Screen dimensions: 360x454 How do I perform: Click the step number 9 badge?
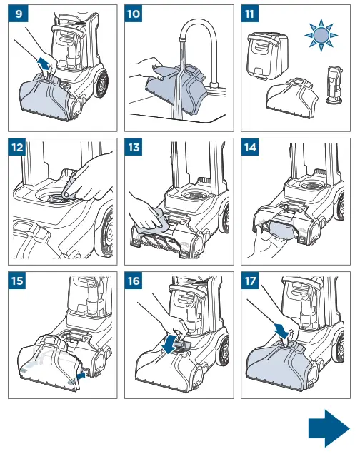(x=19, y=14)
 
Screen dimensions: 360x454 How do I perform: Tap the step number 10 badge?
(x=134, y=14)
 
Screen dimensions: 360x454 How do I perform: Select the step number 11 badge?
(x=250, y=14)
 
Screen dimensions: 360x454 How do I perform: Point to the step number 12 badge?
(x=17, y=147)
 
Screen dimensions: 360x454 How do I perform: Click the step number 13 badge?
(x=134, y=147)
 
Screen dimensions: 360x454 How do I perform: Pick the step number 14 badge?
(x=250, y=147)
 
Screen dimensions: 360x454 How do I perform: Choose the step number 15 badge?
(x=17, y=281)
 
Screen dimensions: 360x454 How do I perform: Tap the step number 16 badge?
(x=134, y=281)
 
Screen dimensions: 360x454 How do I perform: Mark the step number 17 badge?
(x=250, y=281)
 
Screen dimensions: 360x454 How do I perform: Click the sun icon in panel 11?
(x=321, y=35)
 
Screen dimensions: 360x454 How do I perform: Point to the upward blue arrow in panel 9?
(x=43, y=64)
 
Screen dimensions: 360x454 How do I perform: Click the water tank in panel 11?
(x=267, y=55)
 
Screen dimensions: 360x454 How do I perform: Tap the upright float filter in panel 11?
(x=334, y=84)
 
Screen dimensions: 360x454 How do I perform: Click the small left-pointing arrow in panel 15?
(x=81, y=375)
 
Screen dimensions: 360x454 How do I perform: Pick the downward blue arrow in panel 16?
(x=170, y=343)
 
